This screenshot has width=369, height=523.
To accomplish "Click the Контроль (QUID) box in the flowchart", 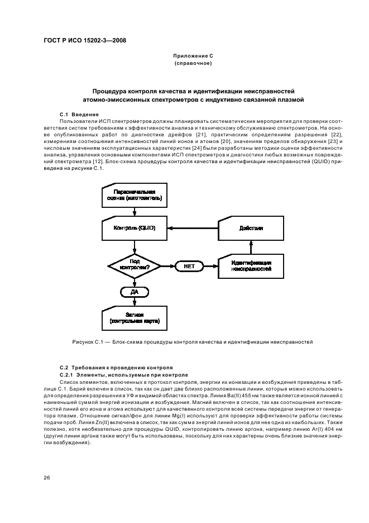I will click(134, 228).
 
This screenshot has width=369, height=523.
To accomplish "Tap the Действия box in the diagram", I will click(251, 228).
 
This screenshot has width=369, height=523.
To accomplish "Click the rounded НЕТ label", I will click(189, 267).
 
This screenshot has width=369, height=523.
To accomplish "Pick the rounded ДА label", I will click(134, 292).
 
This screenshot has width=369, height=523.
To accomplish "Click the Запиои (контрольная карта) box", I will click(134, 318).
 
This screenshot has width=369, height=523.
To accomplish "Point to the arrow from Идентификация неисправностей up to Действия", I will click(251, 246).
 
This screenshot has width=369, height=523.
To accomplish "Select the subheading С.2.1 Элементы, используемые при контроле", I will click(124, 374).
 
